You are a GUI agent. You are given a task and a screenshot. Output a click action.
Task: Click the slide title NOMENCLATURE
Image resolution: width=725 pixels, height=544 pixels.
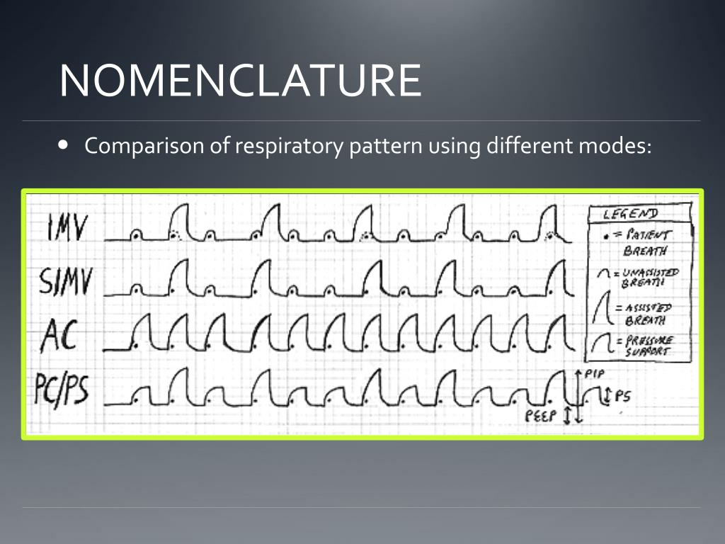coord(241,80)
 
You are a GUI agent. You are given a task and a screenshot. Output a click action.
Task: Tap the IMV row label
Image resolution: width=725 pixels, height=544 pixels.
coord(67,227)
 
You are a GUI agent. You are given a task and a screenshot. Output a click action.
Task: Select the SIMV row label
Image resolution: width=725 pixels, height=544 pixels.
coord(66,281)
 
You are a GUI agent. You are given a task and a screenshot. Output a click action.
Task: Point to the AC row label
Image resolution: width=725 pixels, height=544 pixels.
coord(59,335)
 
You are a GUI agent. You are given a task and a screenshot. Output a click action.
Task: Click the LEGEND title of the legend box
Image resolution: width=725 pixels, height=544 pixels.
coord(631,213)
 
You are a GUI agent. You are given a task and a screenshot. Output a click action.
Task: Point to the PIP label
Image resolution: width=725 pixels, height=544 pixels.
coord(595,373)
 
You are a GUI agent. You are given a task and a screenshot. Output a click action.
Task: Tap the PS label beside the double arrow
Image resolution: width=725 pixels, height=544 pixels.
coord(623,397)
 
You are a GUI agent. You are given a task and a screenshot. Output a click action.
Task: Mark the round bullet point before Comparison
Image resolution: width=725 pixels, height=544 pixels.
coord(63,144)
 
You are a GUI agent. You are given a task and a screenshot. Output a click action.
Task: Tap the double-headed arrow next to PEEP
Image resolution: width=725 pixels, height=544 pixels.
coord(567,414)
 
